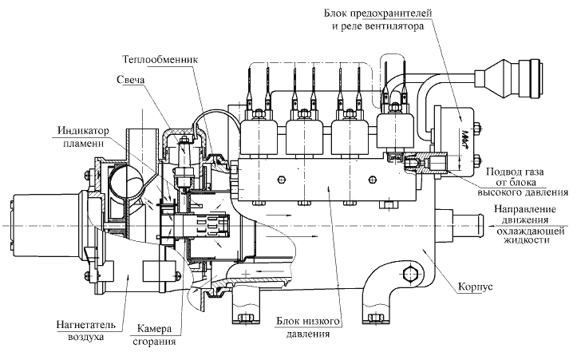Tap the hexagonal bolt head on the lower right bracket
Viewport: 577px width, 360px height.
[x=412, y=275]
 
